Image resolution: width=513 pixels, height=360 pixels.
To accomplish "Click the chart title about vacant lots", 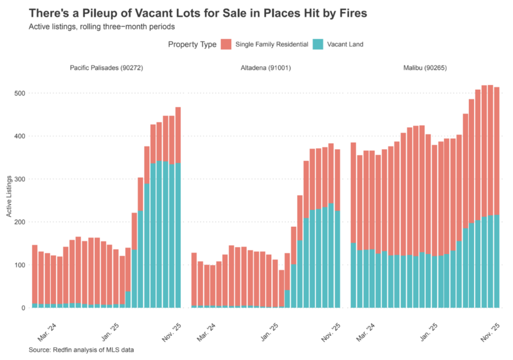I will [198, 13].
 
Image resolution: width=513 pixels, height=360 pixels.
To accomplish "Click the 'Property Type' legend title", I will [192, 45].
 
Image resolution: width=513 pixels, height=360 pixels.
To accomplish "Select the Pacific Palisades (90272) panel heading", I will [106, 67].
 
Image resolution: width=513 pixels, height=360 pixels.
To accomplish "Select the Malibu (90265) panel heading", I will [425, 67].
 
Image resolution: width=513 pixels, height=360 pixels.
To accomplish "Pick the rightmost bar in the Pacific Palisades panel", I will [178, 207].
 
